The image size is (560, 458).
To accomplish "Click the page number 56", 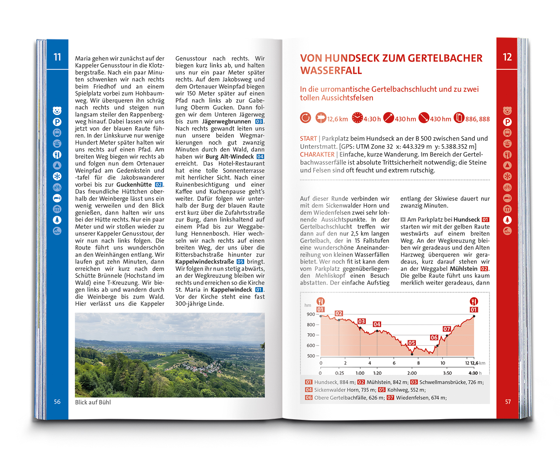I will pos(57,402).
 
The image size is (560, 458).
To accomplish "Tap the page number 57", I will pos(508,402).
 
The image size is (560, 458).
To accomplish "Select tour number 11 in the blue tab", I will pos(57,57).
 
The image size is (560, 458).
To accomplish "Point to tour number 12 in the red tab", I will pos(507,57).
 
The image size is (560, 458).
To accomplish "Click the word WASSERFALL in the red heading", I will pos(331,71).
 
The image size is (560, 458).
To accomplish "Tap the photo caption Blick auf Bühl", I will pos(93,402).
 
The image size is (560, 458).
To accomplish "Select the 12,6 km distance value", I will pos(337,119).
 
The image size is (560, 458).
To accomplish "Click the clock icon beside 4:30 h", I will pos(357,118).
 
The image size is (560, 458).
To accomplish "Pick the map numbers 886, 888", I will pos(477,119).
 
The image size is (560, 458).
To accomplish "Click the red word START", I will pos(308,139).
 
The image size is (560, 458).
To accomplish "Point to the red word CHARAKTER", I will pos(317,154).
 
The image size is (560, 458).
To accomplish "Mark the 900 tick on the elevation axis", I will pos(311,314).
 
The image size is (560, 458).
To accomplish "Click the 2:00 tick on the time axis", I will pos(412,373).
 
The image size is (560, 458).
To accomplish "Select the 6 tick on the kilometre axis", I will pos(394,363).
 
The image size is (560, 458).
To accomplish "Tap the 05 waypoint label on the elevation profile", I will pos(411,343).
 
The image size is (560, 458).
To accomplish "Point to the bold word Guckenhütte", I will pos(134,185).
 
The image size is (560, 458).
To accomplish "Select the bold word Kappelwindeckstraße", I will pos(205,262).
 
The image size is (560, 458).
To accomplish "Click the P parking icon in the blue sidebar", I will pos(57,122).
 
